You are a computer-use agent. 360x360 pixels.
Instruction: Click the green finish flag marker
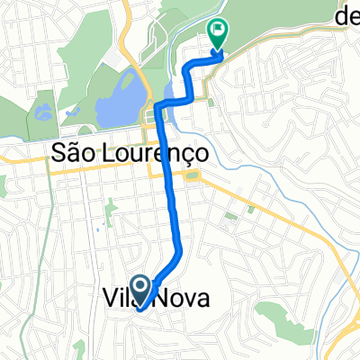coord(217,32)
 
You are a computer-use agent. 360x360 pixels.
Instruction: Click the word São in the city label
coord(76,154)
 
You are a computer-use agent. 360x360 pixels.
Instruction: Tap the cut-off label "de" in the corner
coord(346,13)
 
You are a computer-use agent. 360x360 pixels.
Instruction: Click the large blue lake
coord(117,99)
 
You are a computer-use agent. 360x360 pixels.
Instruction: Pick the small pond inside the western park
coord(40,113)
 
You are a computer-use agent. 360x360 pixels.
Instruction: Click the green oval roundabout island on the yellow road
coord(192,175)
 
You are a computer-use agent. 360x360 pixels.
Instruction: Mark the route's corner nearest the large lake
coord(158,106)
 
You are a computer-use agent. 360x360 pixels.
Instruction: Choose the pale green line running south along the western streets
coord(90,243)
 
